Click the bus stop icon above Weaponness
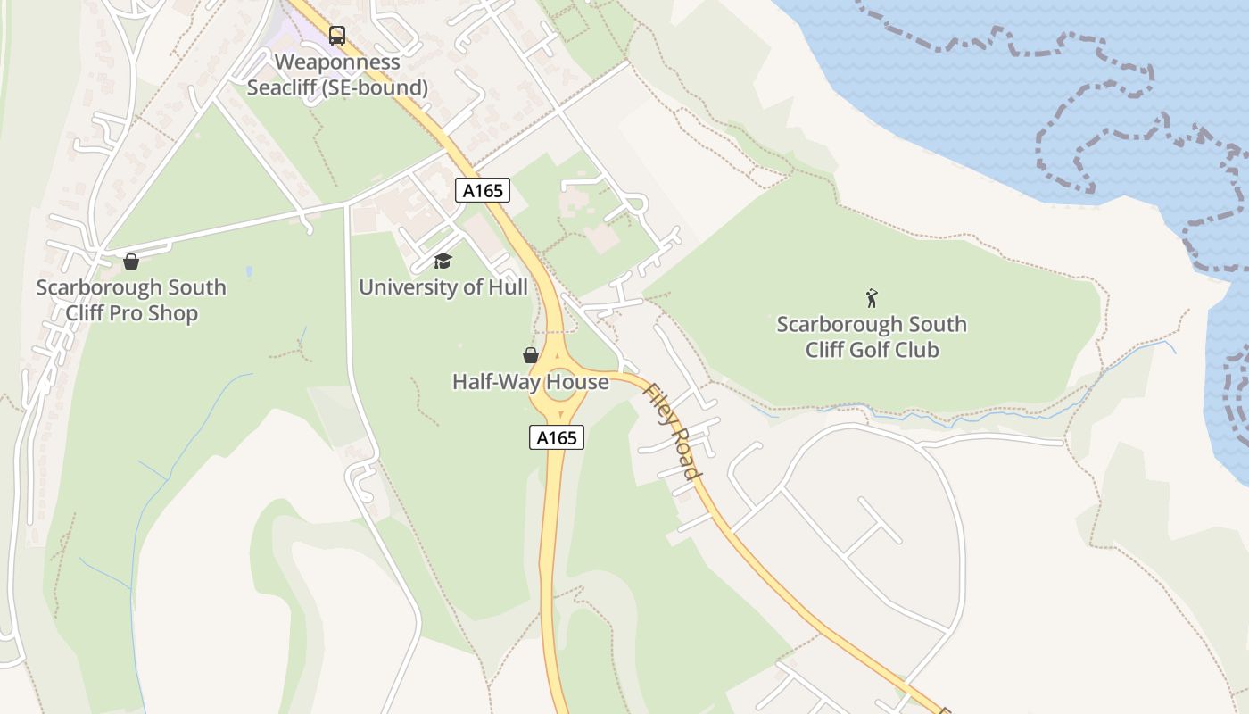pos(336,36)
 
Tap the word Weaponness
pos(337,62)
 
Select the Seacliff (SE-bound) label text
pos(337,88)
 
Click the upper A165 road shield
pos(483,190)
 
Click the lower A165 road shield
pos(557,437)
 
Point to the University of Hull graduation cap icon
pos(443,261)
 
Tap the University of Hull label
pos(443,287)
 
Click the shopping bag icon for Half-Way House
pos(531,355)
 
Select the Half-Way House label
pos(530,382)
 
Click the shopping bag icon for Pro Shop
pos(131,262)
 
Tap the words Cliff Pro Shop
pos(131,313)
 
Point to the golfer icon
pos(872,298)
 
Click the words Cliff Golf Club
pos(872,350)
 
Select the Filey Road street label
pos(673,432)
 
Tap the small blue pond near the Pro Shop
pos(249,270)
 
